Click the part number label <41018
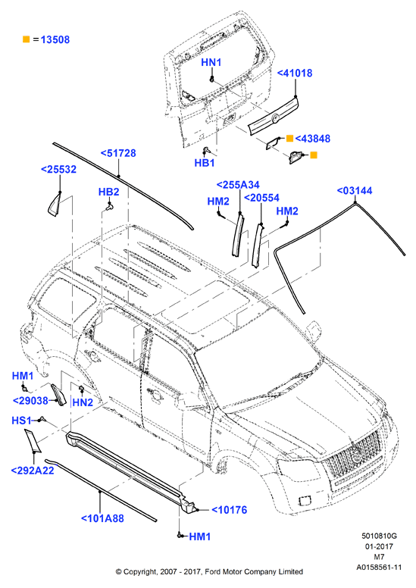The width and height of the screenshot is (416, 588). [x=295, y=73]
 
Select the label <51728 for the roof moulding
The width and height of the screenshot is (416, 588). [x=118, y=153]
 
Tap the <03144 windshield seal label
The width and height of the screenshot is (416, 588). [x=355, y=190]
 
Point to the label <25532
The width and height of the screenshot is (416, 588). [x=58, y=169]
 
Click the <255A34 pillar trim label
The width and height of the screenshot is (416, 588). [x=238, y=184]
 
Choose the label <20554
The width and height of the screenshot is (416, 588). [x=261, y=198]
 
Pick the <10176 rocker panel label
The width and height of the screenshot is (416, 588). [x=229, y=510]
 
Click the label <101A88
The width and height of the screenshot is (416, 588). [x=102, y=518]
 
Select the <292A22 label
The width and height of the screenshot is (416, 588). [x=33, y=471]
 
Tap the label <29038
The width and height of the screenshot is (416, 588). [x=30, y=401]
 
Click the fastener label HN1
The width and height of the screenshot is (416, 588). [x=211, y=62]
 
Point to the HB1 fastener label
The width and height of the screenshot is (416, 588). [x=205, y=163]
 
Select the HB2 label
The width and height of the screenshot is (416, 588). [x=109, y=192]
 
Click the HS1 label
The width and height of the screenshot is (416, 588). [x=21, y=421]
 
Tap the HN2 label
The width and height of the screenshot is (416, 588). [x=83, y=402]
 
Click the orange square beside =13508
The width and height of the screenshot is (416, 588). [x=27, y=39]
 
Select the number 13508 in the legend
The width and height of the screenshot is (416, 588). [x=55, y=39]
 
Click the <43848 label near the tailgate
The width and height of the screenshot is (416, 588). [x=312, y=139]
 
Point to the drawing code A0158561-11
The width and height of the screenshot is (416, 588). [x=379, y=568]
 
